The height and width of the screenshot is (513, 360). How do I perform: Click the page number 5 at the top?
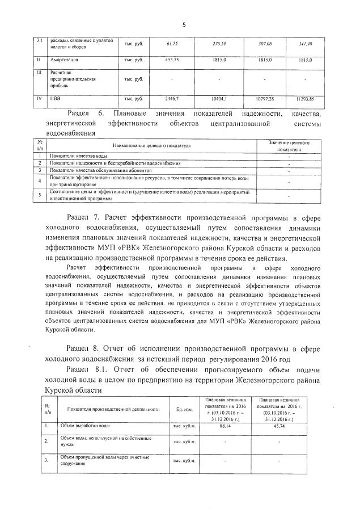[184, 24]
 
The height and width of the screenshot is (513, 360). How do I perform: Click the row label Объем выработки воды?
[85, 425]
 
